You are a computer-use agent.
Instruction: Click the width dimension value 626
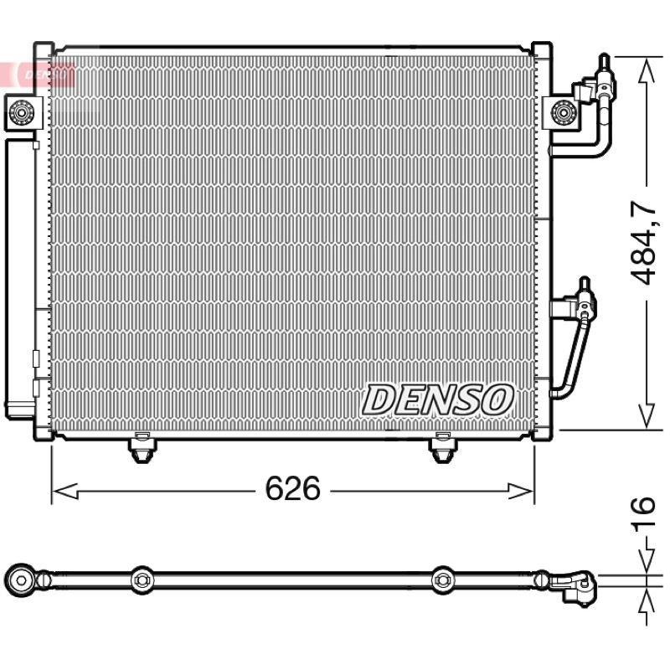292,488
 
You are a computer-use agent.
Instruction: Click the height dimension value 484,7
643,243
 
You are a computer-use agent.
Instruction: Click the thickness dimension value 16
643,514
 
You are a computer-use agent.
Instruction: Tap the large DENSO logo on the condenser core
437,400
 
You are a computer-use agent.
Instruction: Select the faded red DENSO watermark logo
45,75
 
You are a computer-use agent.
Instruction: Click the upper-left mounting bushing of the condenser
21,112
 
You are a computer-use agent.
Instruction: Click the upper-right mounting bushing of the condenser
564,112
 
